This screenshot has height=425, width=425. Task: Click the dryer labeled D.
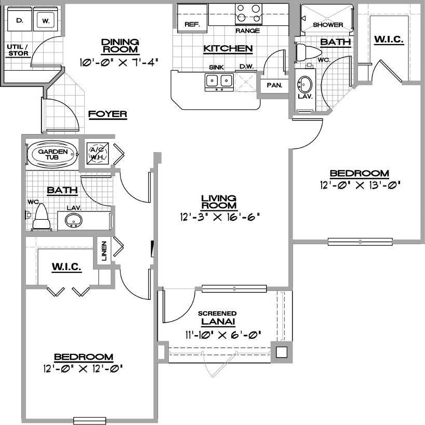(x=20, y=21)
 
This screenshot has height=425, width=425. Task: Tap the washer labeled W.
(x=46, y=21)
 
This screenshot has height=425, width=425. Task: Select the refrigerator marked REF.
(x=192, y=24)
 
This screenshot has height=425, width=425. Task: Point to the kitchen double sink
(x=219, y=81)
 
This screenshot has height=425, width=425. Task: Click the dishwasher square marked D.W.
(x=246, y=81)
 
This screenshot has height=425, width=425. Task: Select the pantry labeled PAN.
(x=274, y=85)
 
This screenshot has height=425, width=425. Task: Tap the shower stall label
(x=328, y=24)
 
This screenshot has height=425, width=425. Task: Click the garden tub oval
(x=51, y=154)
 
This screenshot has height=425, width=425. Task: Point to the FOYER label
(x=108, y=114)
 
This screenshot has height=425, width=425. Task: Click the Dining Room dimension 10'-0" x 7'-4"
(x=118, y=61)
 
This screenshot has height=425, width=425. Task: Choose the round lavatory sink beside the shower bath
(x=304, y=84)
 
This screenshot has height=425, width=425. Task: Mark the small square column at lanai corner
(x=281, y=352)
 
